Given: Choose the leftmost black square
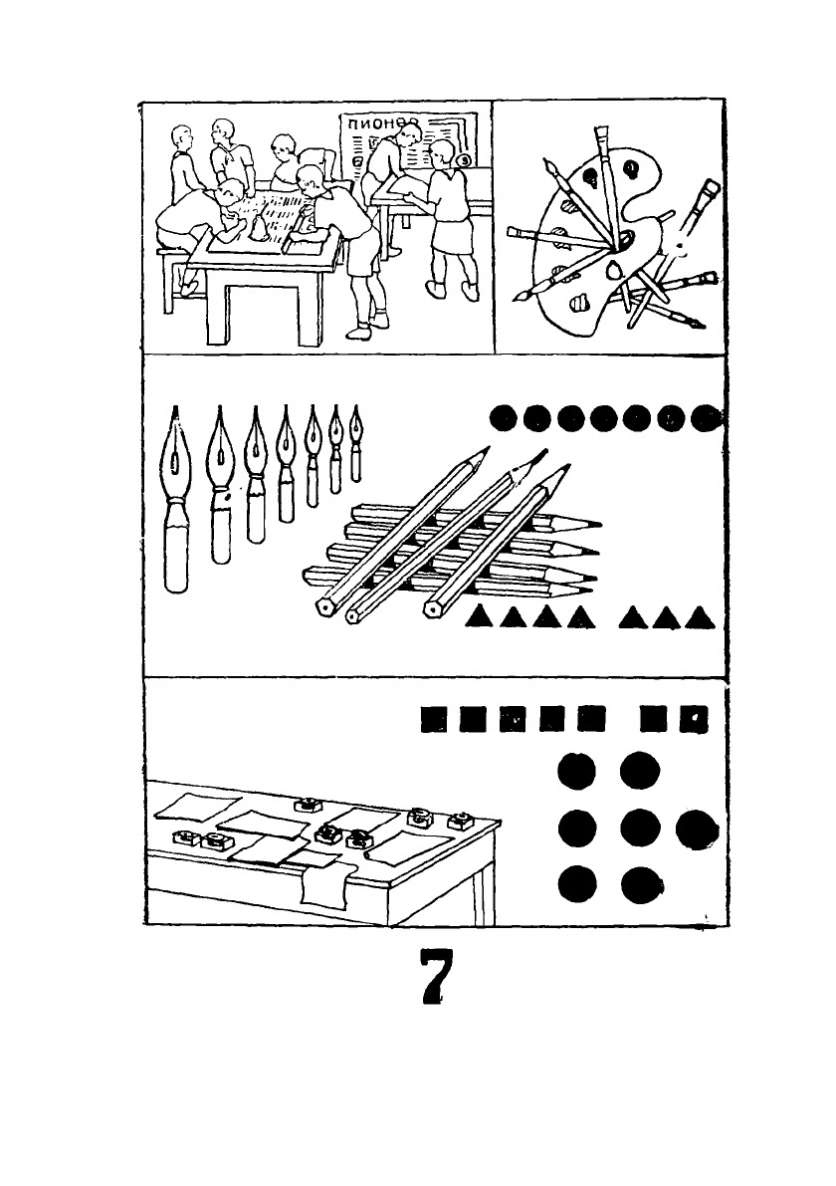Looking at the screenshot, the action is (x=432, y=717).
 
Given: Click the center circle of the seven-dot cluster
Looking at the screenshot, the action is (x=640, y=828).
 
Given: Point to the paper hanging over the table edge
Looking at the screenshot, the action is (x=323, y=884).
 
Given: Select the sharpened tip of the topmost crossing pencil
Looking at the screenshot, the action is (x=486, y=449).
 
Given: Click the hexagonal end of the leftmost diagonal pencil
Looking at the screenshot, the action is (x=324, y=605).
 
